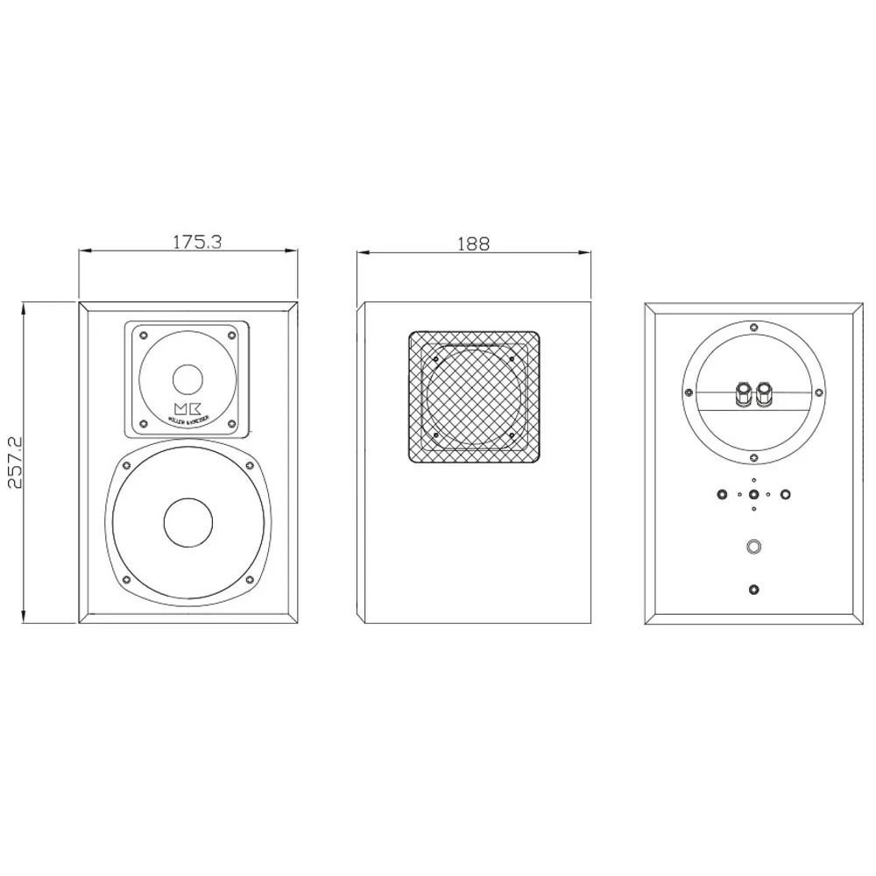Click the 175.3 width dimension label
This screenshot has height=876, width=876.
196,242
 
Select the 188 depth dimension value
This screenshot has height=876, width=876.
473,244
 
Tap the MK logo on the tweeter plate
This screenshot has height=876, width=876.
187,409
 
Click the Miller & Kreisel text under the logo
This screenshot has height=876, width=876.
187,420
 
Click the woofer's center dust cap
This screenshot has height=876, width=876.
187,523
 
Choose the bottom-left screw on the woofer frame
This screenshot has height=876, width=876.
126,580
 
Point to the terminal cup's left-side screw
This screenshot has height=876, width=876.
689,392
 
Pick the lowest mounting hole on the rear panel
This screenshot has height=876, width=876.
753,590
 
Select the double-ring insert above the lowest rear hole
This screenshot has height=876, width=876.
753,547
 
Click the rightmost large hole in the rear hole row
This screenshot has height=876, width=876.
786,494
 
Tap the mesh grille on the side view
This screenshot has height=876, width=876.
473,396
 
